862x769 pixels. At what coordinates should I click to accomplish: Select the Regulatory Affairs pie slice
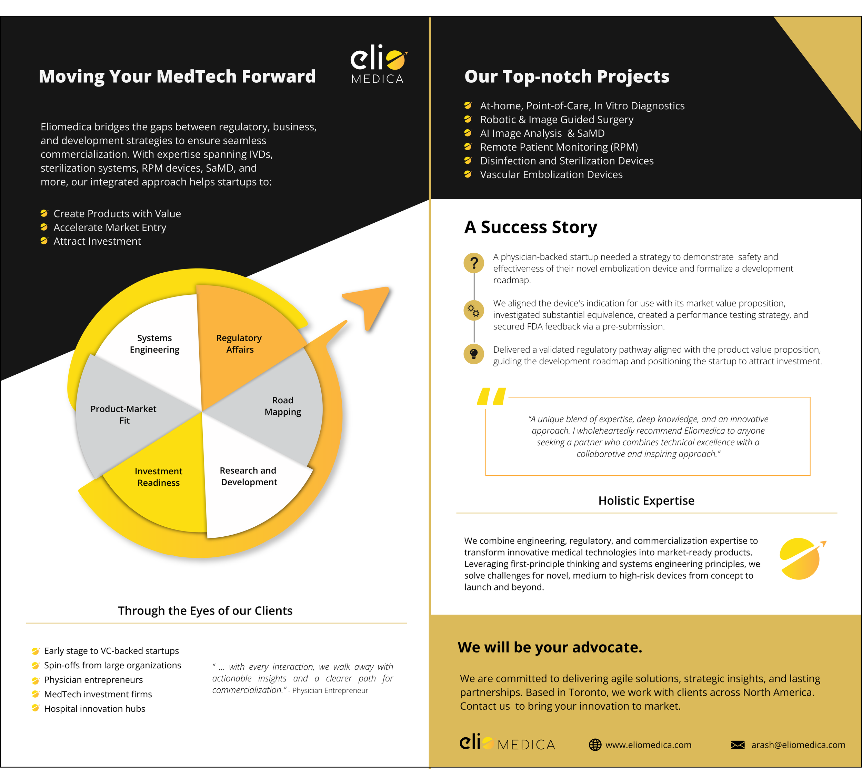239,344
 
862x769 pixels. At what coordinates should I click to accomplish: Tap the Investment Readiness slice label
159,477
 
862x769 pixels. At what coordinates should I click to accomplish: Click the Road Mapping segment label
283,406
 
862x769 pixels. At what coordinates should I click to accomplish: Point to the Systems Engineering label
155,344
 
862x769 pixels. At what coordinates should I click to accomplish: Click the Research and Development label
249,476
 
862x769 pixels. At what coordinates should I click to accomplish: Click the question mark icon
474,263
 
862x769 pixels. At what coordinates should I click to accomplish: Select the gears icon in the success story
474,311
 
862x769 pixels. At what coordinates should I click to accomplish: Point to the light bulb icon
474,354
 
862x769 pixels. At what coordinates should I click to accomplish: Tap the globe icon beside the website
595,745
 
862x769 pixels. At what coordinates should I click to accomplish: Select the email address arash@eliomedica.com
798,745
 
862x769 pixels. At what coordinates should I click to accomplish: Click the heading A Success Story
531,227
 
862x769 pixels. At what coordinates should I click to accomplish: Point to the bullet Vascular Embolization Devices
551,174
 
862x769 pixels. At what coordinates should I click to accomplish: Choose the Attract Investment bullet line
97,241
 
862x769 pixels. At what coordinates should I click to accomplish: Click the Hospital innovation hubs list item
95,709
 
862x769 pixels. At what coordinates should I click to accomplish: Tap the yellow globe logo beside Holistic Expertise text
801,559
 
